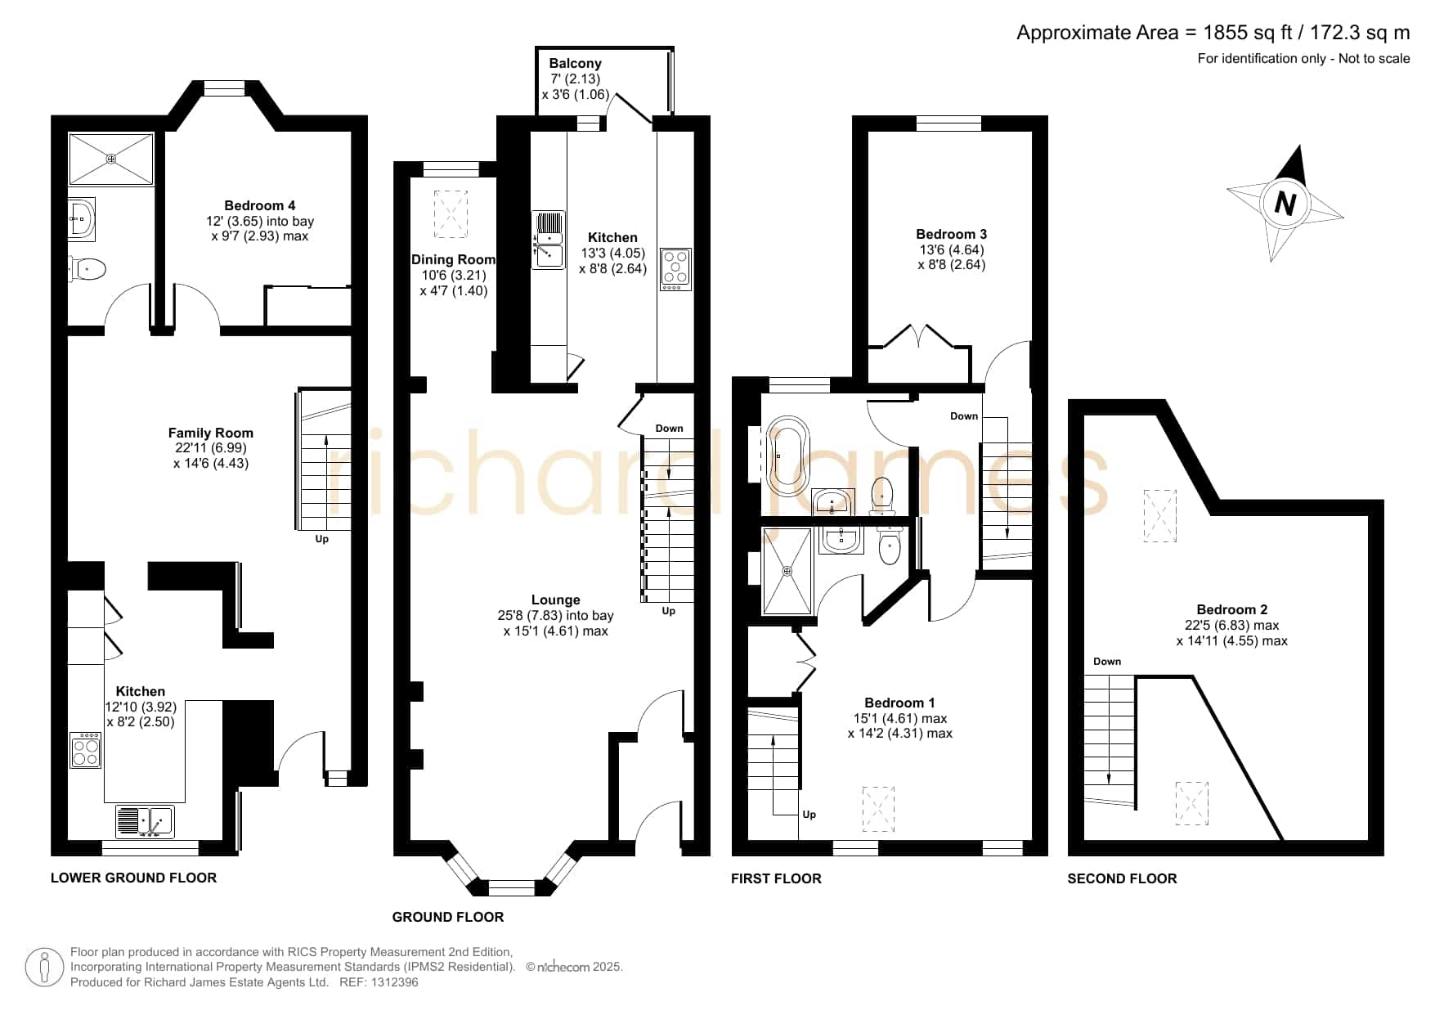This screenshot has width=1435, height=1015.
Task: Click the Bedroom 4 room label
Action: (x=260, y=206)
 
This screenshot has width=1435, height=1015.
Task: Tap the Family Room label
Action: (x=211, y=433)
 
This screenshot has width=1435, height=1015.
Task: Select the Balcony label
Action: (x=575, y=64)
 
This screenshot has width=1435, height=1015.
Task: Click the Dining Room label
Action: (x=453, y=260)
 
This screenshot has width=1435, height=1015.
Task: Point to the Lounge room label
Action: (x=556, y=600)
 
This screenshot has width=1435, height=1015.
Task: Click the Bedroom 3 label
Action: (x=952, y=235)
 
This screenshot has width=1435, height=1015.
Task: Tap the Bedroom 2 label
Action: (x=1232, y=610)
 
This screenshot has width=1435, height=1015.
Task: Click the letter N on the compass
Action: (x=1285, y=203)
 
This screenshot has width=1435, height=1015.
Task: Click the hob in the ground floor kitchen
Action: (x=676, y=269)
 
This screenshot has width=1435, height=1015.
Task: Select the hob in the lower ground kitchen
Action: (x=86, y=750)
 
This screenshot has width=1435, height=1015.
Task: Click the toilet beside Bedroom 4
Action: (x=88, y=269)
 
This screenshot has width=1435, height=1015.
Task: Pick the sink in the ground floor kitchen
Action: (x=549, y=240)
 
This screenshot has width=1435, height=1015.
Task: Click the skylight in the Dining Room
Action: (x=451, y=214)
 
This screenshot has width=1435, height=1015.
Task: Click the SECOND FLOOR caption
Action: (x=1122, y=879)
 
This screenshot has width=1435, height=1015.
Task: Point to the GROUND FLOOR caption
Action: (x=448, y=918)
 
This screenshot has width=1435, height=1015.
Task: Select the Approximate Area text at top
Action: (x=1213, y=33)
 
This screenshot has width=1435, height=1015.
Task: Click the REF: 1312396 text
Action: (x=379, y=982)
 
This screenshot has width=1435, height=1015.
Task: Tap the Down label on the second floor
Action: (x=1107, y=662)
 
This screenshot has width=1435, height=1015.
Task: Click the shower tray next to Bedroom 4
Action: (x=111, y=159)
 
